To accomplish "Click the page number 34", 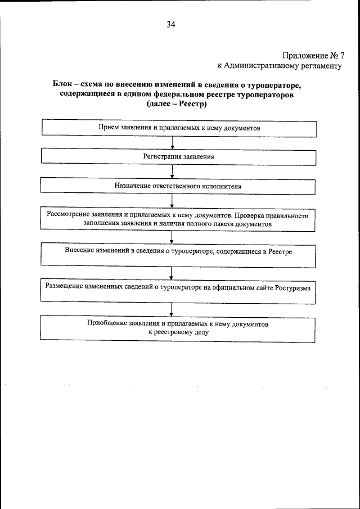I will point(171,24).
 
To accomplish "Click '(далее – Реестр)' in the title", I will point(177,105).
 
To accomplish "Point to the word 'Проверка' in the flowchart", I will point(250,215).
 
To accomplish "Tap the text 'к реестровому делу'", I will point(179,332).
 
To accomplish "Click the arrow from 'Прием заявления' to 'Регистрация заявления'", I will point(172,142).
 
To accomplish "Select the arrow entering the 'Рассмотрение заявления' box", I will point(172,200).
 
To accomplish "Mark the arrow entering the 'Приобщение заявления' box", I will point(172,309).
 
